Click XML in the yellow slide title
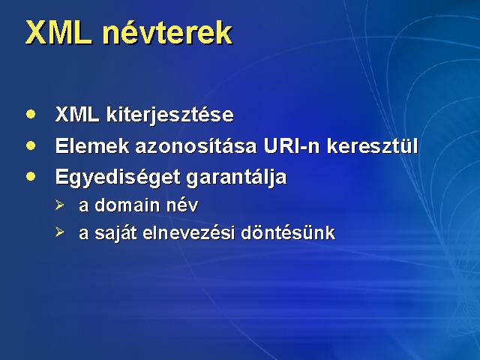point(58,33)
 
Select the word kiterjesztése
point(170,115)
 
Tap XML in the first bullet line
point(77,115)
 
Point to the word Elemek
point(92,145)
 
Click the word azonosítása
point(196,145)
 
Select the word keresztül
point(372,145)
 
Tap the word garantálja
point(236,178)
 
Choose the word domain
point(127,205)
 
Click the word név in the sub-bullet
point(182,205)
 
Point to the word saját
point(115,233)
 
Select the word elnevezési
point(188,232)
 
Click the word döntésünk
point(288,232)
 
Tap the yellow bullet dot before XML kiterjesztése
point(31,114)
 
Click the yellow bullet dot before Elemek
point(31,145)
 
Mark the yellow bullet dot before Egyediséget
point(31,177)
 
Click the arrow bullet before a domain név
point(60,205)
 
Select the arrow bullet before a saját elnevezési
point(60,232)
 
